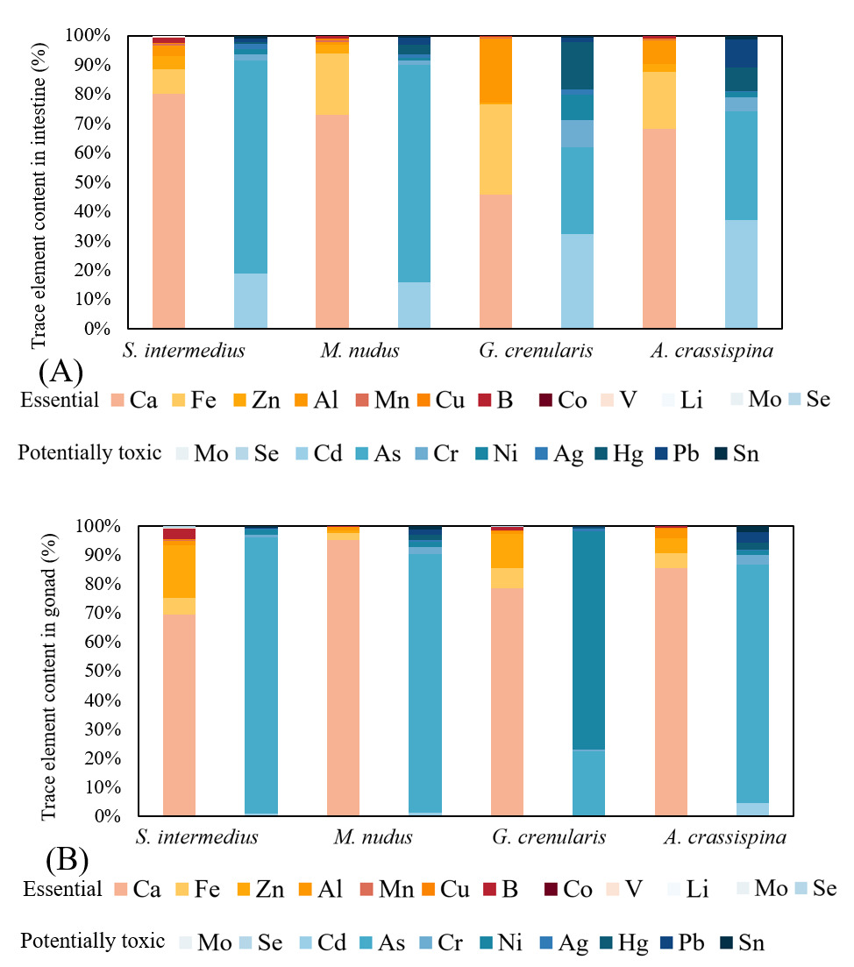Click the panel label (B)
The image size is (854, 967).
(66, 861)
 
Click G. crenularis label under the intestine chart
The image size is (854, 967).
(536, 352)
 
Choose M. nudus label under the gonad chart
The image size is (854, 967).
(373, 836)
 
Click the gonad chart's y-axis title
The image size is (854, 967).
(49, 671)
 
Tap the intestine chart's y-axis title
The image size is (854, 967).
(39, 182)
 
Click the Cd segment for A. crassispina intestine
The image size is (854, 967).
(741, 274)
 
